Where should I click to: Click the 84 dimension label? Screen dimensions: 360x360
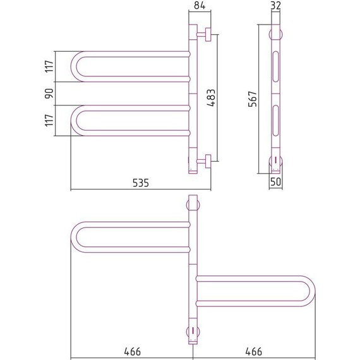coord(200,5)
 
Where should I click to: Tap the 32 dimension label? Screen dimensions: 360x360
coord(275,6)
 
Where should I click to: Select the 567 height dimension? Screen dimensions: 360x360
coord(253,99)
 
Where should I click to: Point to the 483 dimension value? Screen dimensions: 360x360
coord(211,98)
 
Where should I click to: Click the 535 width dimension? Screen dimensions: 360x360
coord(141,183)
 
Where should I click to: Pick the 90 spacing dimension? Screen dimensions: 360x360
coord(49,93)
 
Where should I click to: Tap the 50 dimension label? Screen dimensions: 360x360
coord(275,182)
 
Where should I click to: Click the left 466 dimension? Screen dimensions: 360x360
coord(132,352)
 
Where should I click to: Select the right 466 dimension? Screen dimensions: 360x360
coord(253,352)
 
